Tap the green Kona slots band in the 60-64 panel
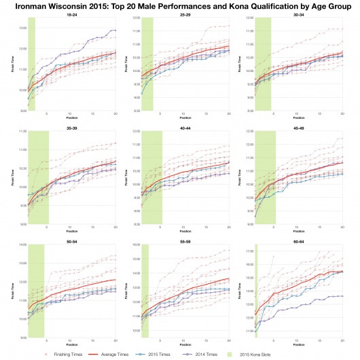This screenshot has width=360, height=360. click(x=256, y=292)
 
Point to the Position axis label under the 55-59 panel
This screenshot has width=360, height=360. click(x=185, y=343)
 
